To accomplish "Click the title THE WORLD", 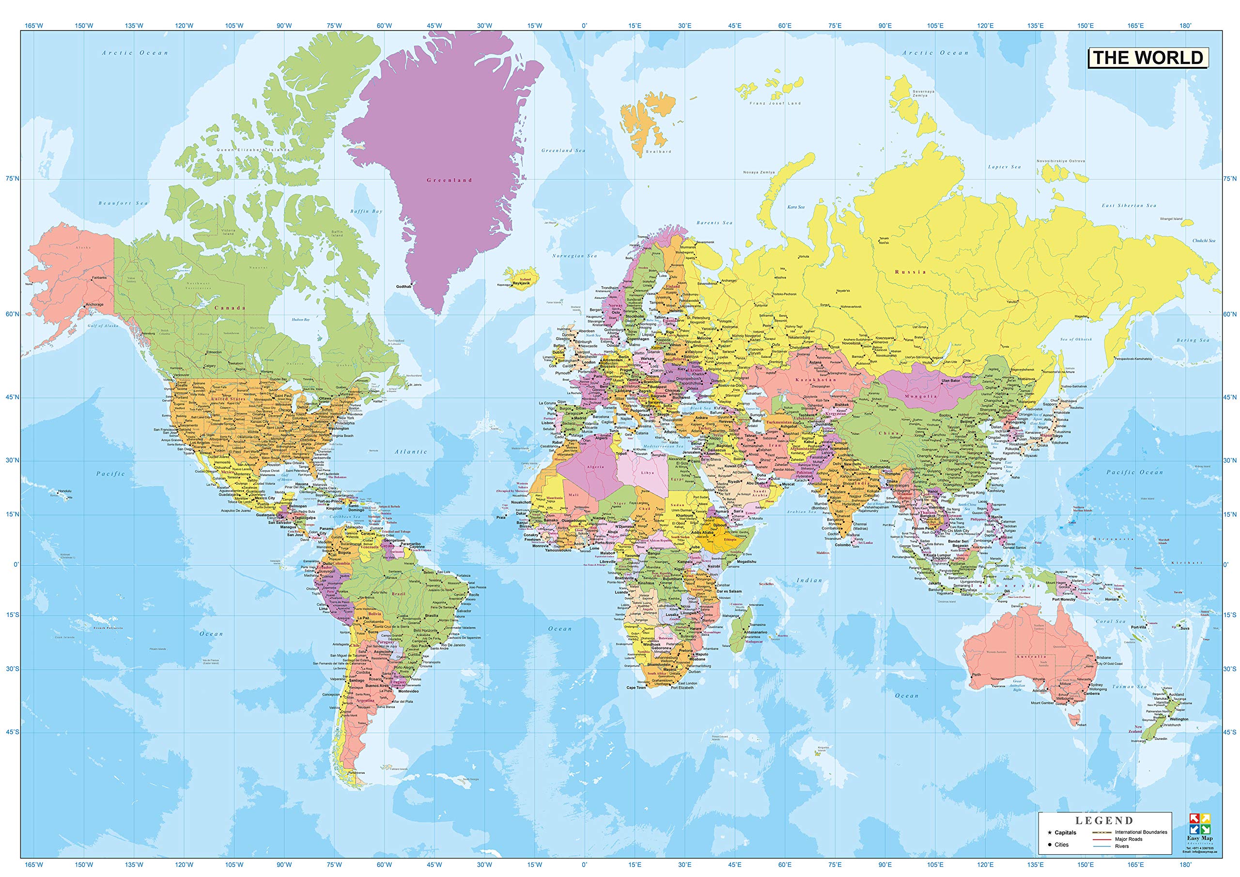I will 1147,58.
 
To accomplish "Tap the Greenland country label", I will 449,180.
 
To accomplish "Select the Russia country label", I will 911,272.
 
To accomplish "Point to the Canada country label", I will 230,308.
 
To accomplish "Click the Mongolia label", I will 921,397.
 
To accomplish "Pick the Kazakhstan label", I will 816,380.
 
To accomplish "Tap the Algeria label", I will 595,466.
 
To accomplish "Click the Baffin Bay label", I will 366,211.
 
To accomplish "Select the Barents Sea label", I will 714,222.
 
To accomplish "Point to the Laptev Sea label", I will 1005,167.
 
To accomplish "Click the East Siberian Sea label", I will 1128,205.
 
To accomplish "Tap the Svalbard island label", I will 658,152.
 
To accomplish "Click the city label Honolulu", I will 64,491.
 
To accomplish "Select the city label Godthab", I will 403,287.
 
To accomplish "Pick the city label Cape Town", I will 635,688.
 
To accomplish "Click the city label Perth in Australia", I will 977,675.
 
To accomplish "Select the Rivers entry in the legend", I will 1121,846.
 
